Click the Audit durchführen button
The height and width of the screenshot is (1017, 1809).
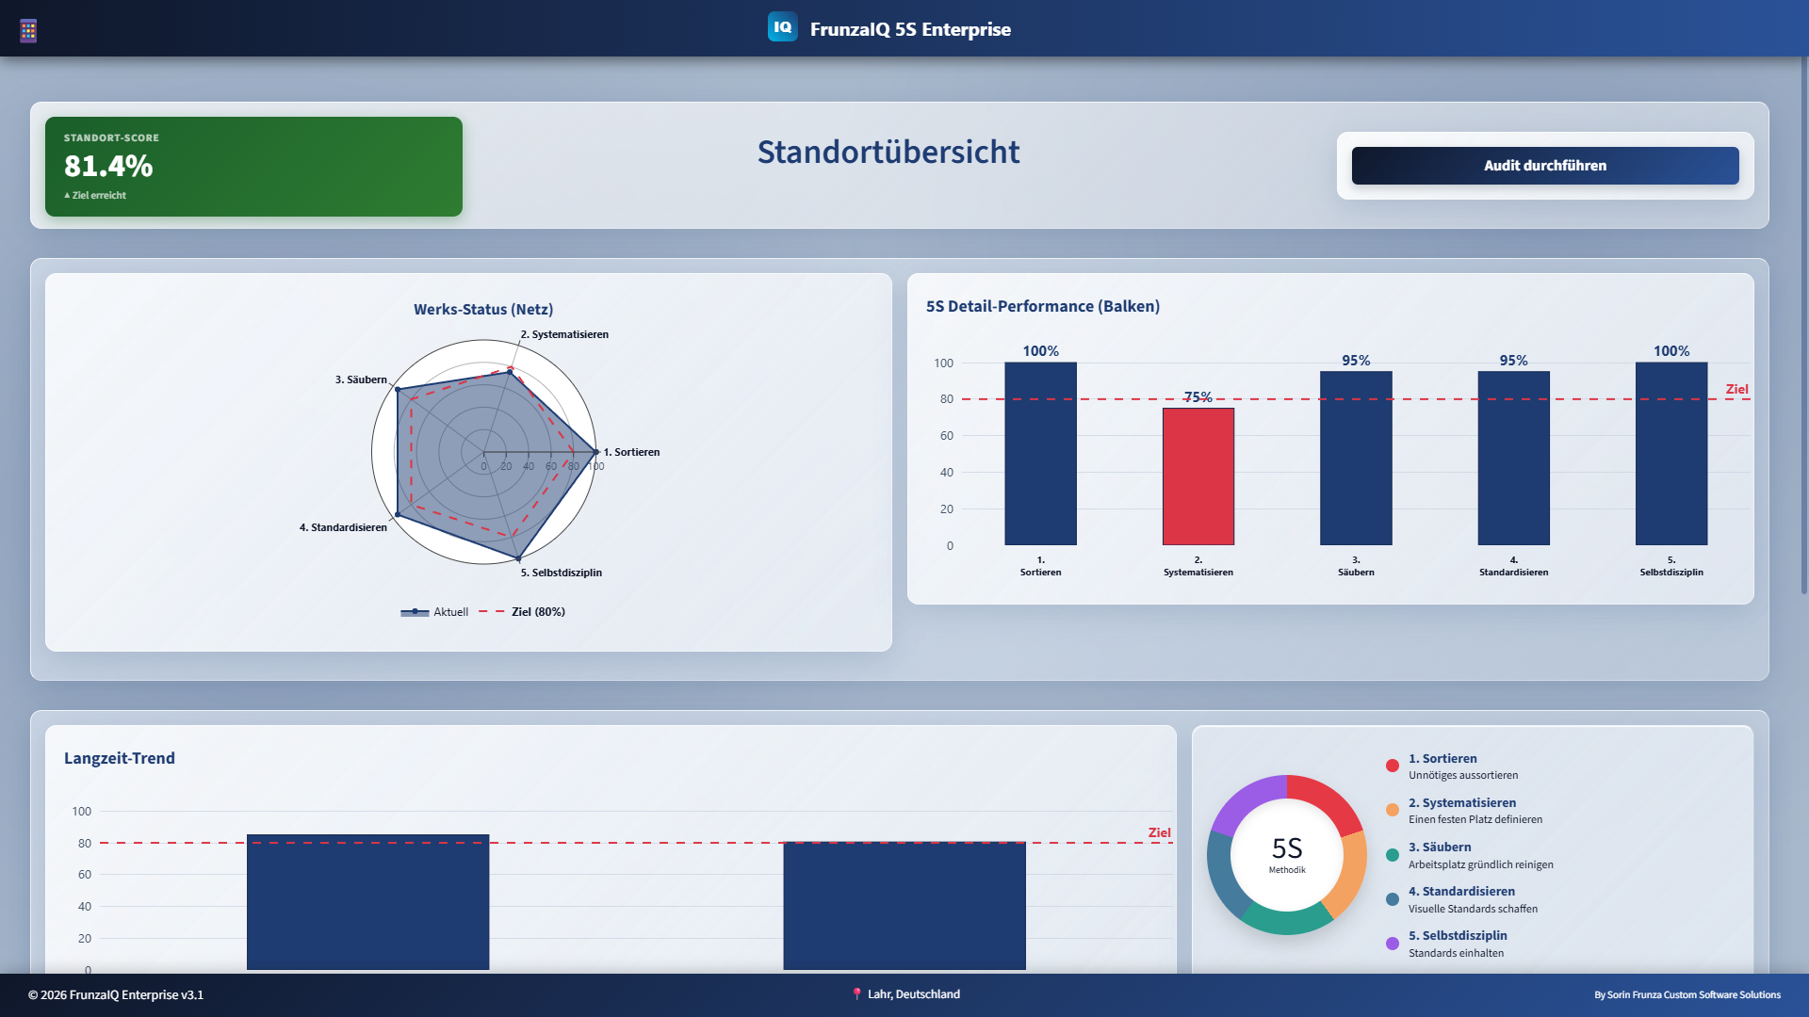pos(1544,166)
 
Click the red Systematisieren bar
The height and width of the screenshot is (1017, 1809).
pos(1198,476)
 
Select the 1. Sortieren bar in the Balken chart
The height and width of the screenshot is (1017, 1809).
pos(1040,454)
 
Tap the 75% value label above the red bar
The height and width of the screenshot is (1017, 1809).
pos(1198,396)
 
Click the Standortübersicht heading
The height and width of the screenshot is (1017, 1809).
pos(888,152)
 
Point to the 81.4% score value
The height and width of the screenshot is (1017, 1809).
pos(108,166)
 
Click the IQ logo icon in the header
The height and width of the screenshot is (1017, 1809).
pos(782,27)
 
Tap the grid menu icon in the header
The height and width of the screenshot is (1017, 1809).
pos(28,31)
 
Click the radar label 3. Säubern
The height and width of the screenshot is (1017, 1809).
pos(361,379)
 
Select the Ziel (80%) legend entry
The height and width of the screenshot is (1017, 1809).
pos(537,612)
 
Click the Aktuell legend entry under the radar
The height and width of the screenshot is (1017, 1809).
pos(449,612)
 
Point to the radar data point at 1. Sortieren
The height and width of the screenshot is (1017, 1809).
pos(595,452)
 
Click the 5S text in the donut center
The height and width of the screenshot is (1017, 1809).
pos(1286,848)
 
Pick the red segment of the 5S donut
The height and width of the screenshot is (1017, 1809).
pos(1329,799)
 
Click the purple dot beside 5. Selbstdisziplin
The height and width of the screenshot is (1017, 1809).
pos(1392,944)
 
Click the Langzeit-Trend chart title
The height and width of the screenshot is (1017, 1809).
pos(120,758)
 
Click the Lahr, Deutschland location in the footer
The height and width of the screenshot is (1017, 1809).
pos(913,994)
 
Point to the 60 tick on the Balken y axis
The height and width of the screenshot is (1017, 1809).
pos(946,436)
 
